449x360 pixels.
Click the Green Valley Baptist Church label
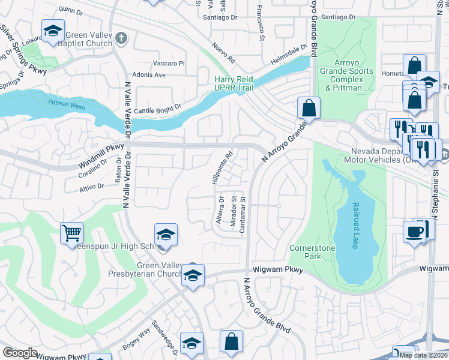tap(89, 39)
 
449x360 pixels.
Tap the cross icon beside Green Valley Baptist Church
tap(121, 39)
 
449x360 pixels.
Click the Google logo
tap(20, 353)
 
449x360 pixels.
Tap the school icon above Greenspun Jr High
tap(166, 235)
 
